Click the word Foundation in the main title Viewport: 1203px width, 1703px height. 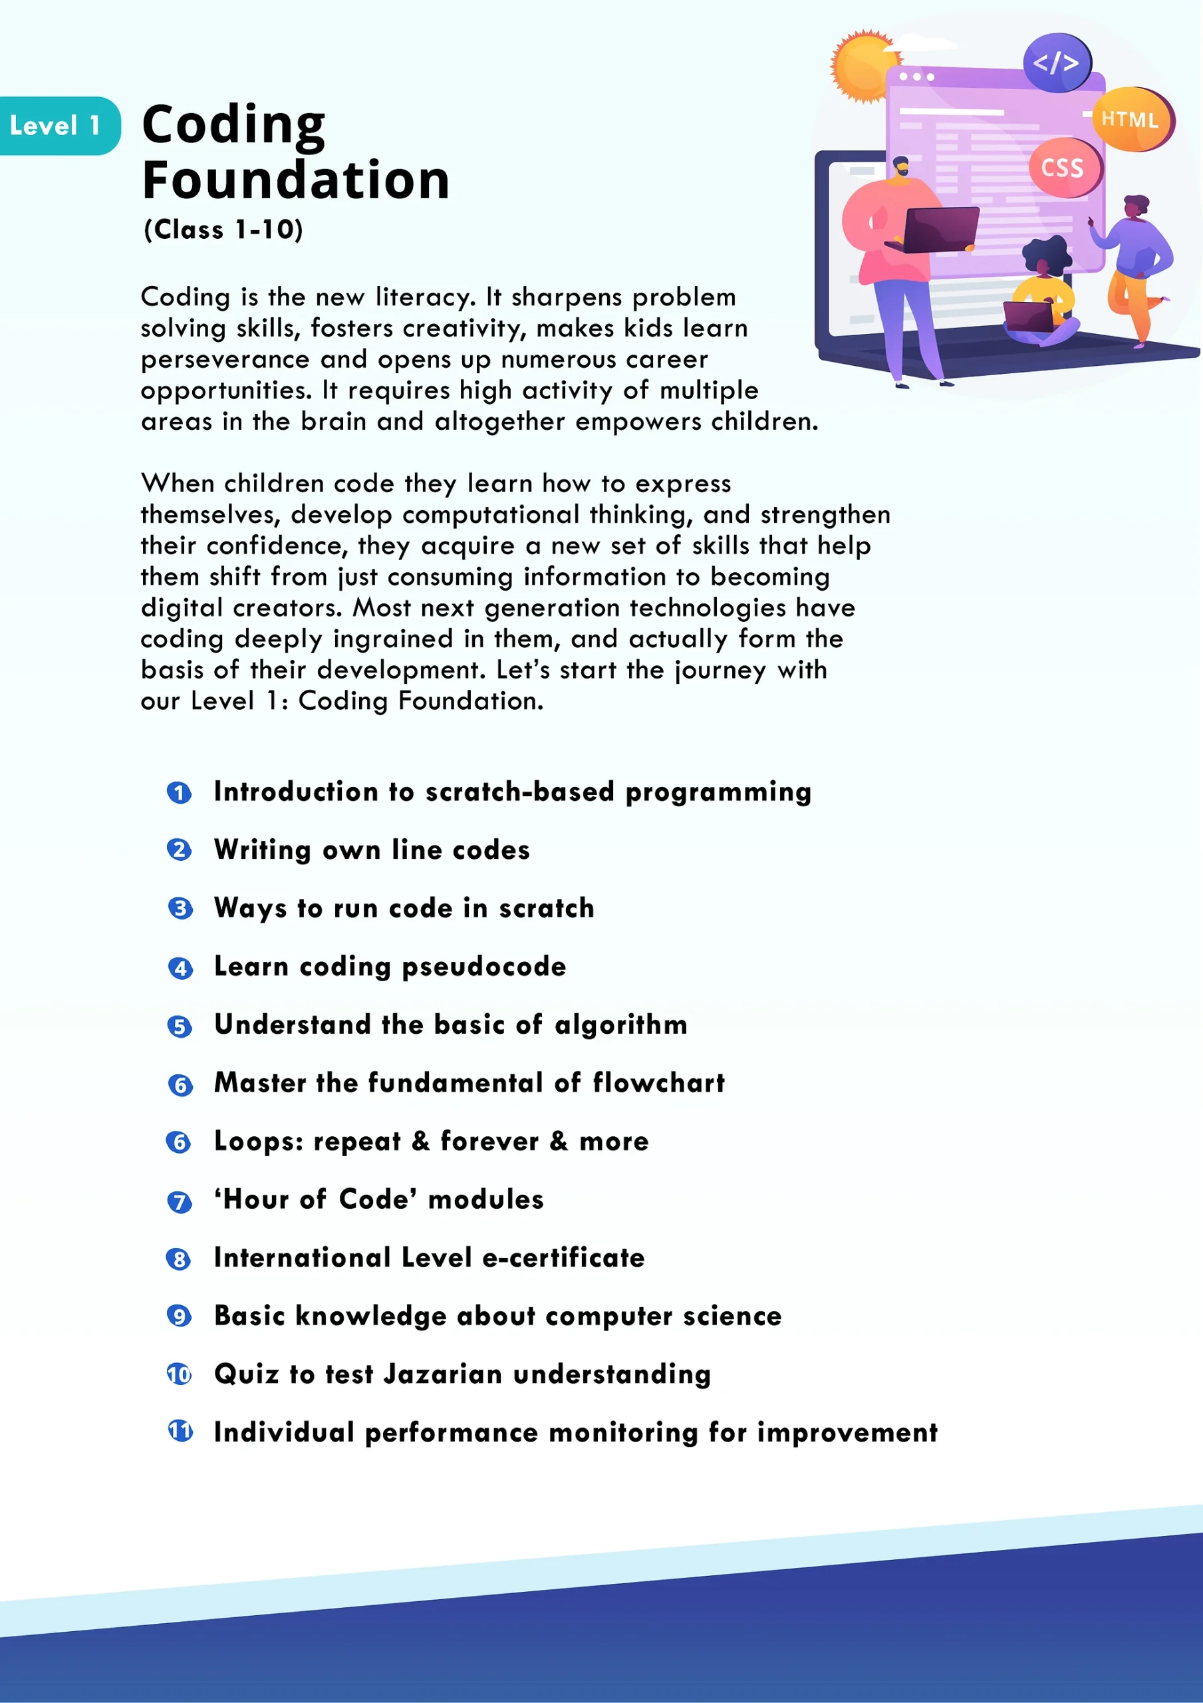click(295, 180)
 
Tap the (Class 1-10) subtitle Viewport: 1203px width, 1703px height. click(223, 230)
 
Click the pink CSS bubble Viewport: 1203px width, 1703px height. click(1063, 168)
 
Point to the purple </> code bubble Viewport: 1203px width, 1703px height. click(1056, 63)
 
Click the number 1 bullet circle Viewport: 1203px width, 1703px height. click(179, 793)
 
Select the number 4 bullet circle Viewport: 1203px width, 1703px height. click(180, 968)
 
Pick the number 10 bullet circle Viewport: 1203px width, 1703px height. click(179, 1374)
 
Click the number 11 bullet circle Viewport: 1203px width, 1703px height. click(180, 1431)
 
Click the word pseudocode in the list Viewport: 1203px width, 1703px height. click(483, 967)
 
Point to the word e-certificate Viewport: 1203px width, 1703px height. click(563, 1258)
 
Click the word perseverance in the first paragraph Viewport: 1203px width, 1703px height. click(225, 360)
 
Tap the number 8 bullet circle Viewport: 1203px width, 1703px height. click(179, 1259)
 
